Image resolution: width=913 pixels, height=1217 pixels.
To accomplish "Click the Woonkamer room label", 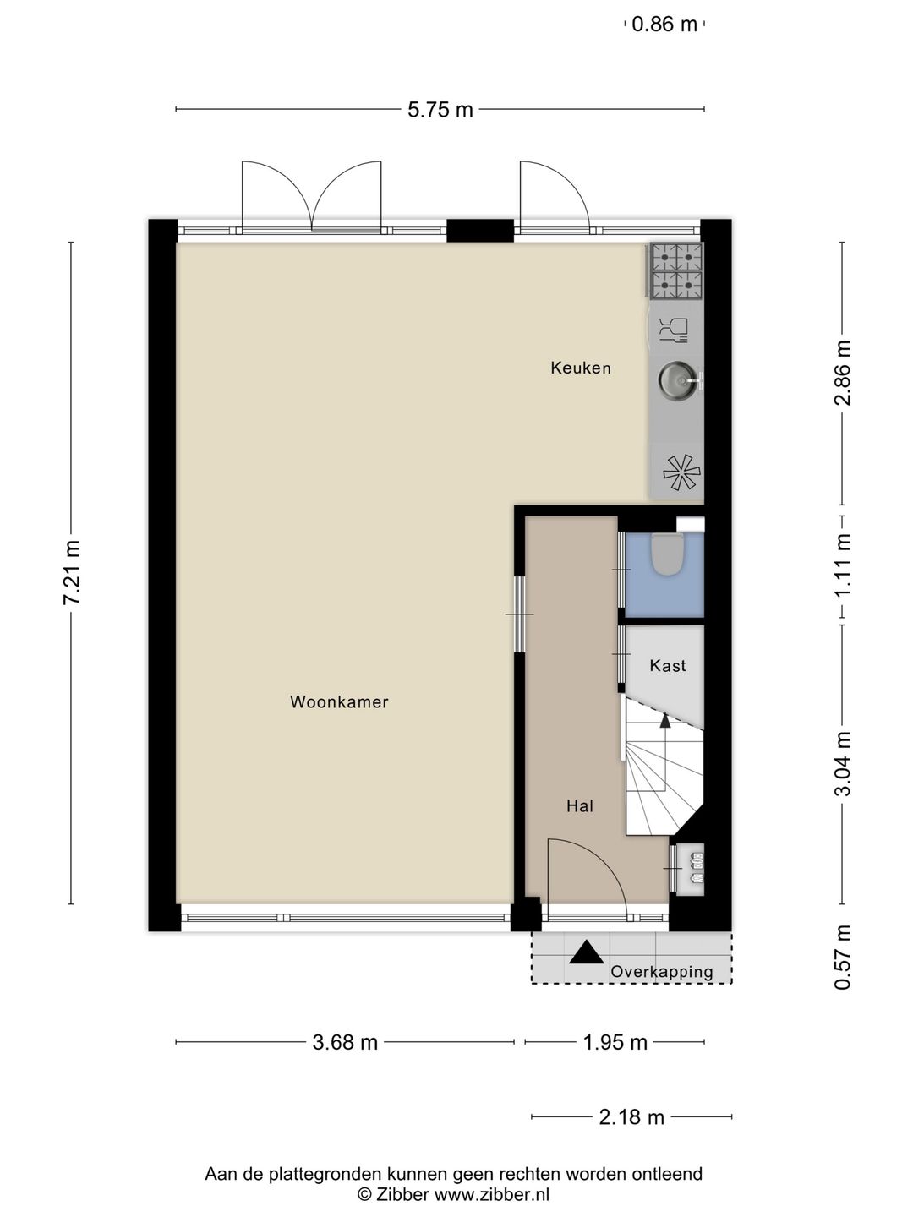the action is coord(339,702).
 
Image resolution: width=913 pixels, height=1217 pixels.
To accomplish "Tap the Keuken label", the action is coord(581,368).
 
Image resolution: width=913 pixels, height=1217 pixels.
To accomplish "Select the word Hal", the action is coord(580,805).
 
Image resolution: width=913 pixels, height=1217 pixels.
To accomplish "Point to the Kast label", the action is coord(668,665).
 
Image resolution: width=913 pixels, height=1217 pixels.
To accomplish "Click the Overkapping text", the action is coord(662,972).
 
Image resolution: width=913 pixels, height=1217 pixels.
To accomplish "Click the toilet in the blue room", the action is coord(668,554).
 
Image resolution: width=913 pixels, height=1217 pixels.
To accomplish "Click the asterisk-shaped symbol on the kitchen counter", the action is coord(681,472).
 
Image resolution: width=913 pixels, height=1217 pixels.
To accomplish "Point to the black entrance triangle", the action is coord(587,952).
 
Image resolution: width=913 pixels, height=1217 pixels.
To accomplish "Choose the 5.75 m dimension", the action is coord(440,110).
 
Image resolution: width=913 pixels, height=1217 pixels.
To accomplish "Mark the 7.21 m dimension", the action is coord(72,572).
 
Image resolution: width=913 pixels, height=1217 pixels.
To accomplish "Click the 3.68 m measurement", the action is coord(345,1043).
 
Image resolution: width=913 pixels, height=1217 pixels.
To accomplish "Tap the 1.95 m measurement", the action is coord(615,1043).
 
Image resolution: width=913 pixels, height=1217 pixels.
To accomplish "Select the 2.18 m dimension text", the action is coord(631,1117).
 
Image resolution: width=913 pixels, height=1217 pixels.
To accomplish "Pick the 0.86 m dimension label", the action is coord(664,25).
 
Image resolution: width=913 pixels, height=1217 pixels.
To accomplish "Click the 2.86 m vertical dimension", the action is coord(843,373).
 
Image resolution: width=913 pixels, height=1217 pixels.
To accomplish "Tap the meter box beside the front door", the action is coord(690,869).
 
